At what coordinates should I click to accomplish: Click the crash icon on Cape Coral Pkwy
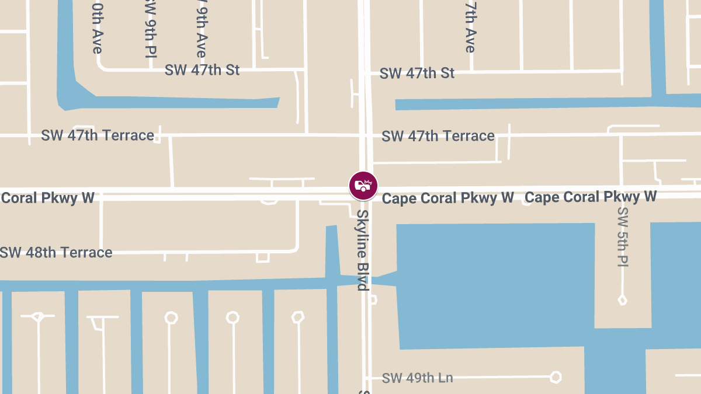pyautogui.click(x=363, y=186)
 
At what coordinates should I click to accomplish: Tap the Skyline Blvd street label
pyautogui.click(x=363, y=250)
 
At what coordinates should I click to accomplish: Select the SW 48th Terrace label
pyautogui.click(x=56, y=253)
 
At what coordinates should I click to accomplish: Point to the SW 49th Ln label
pyautogui.click(x=417, y=378)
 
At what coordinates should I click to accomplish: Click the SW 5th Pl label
pyautogui.click(x=622, y=237)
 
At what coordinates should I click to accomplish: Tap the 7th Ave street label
pyautogui.click(x=470, y=26)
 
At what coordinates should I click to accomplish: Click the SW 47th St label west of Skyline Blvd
pyautogui.click(x=202, y=71)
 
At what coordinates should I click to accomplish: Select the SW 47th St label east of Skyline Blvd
pyautogui.click(x=417, y=74)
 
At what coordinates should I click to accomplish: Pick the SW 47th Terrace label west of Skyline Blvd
pyautogui.click(x=98, y=135)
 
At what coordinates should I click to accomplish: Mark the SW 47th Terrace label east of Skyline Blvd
pyautogui.click(x=438, y=136)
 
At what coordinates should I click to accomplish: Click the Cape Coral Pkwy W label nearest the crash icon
pyautogui.click(x=447, y=198)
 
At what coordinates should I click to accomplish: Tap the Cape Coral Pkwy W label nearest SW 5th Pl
pyautogui.click(x=591, y=197)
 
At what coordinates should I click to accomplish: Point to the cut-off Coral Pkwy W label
pyautogui.click(x=47, y=197)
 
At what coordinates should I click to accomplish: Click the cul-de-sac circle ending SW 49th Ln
pyautogui.click(x=556, y=377)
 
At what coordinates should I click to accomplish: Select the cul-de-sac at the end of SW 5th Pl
pyautogui.click(x=623, y=300)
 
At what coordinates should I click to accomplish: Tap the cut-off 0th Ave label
pyautogui.click(x=97, y=27)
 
